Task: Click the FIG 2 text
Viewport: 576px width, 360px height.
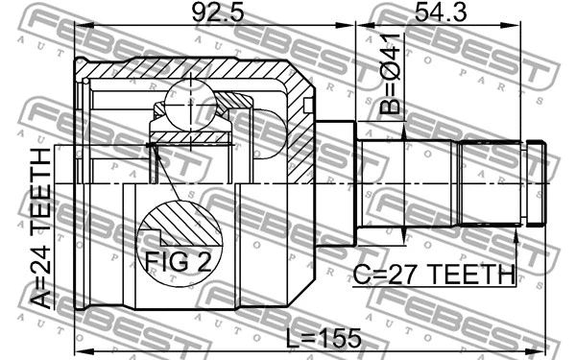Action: tap(177, 261)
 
